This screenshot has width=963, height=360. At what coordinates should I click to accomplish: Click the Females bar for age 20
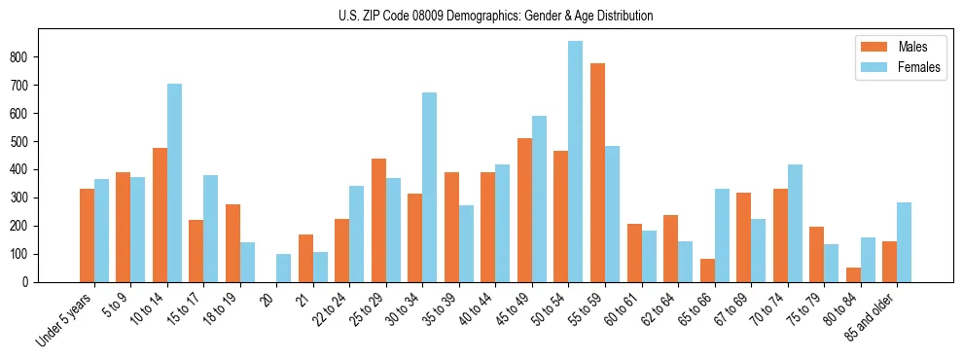pyautogui.click(x=284, y=268)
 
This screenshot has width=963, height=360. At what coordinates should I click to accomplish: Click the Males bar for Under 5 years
pyautogui.click(x=87, y=234)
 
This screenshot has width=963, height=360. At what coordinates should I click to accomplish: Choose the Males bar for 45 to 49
pyautogui.click(x=524, y=210)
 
